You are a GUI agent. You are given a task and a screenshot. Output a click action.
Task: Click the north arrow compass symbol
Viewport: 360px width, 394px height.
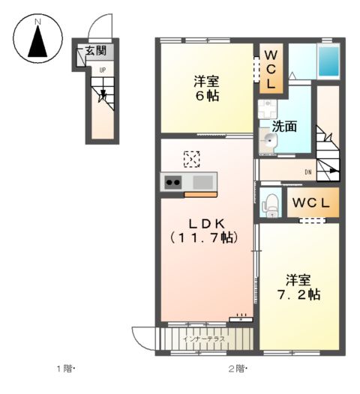coord(37,38)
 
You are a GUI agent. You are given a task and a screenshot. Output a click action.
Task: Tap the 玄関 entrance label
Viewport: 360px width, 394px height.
coord(96,51)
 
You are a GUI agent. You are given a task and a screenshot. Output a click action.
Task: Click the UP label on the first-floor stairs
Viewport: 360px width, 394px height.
coord(103,70)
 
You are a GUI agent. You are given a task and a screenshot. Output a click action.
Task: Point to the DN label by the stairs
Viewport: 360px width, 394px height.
coord(308,172)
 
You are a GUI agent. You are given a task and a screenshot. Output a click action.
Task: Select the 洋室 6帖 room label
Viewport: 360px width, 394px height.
coord(206,88)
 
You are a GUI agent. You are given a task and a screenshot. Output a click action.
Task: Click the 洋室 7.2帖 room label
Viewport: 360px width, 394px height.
coord(298,287)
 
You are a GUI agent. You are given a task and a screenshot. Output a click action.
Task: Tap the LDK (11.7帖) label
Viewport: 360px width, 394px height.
coord(204,231)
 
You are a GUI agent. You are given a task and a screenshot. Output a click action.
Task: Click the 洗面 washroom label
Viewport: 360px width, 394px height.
coord(285,127)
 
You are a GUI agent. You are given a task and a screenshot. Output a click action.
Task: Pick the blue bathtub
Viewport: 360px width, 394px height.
coord(328,61)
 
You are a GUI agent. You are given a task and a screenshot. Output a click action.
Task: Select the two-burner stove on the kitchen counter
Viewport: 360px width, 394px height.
coord(172,183)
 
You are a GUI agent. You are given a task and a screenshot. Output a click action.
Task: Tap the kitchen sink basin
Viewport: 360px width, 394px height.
coord(202,182)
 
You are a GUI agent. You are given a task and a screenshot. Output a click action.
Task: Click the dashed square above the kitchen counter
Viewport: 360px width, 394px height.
coord(192,159)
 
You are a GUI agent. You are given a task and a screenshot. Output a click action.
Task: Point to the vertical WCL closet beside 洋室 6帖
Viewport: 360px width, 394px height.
coord(271,68)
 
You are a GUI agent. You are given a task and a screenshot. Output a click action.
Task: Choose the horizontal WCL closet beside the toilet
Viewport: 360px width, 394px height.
coord(313,202)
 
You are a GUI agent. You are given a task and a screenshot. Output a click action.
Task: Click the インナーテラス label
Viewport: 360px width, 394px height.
coord(204,339)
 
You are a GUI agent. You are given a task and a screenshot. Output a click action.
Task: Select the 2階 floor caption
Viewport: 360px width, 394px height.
coord(238,369)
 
